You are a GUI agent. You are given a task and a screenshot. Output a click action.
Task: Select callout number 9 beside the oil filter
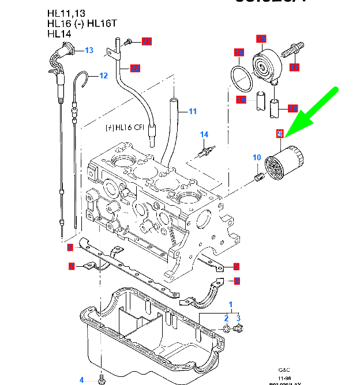pos(280,134)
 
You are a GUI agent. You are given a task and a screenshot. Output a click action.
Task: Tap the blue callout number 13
pos(89,51)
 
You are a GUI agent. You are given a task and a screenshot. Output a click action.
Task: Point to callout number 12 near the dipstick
pos(103,76)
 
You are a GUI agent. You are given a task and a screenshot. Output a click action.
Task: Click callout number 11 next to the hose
pos(193,111)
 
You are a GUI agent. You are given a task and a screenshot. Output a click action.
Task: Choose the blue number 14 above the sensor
pos(204,135)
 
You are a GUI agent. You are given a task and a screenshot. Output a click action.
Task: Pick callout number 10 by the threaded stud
pos(257,157)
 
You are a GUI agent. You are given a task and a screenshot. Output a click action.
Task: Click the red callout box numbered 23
pos(147,41)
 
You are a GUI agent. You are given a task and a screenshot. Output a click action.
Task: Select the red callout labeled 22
pos(135,68)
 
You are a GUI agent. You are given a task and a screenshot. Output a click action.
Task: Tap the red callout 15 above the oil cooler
pos(261,39)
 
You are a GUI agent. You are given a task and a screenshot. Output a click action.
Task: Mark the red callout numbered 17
pos(294,67)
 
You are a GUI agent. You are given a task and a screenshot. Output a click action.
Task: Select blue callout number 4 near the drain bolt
pos(81,380)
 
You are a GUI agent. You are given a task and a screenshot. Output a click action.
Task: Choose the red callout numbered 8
pos(237,281)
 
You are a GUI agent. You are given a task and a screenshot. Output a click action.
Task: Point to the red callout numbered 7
pos(72,266)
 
